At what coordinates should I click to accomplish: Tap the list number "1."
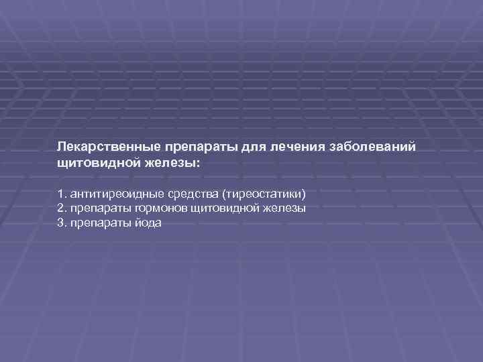pos(62,194)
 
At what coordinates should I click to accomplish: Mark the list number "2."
pos(62,208)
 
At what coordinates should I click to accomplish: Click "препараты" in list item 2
pos(95,208)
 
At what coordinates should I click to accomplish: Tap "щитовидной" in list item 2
pos(221,208)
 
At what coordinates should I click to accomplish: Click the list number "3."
pos(62,223)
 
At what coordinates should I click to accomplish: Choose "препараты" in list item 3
pos(95,223)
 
